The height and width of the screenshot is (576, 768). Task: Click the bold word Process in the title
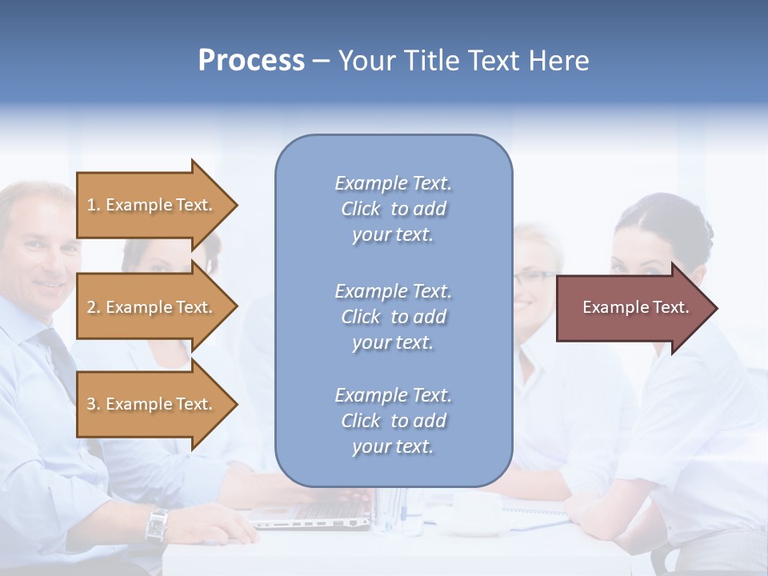coord(251,61)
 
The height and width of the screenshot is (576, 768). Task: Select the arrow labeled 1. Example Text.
coord(152,205)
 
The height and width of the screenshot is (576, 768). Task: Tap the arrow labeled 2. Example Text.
coord(152,307)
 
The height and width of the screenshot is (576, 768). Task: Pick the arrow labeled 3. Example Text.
coord(152,404)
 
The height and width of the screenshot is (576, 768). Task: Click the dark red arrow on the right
coord(632,308)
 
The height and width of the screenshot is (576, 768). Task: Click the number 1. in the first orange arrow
coord(94,205)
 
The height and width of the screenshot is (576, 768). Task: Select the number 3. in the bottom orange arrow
coord(94,404)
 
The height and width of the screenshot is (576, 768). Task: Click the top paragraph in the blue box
coord(393,209)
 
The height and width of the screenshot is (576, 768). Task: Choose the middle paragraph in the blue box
coord(393,317)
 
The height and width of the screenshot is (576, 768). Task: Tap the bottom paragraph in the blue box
coord(393,421)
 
